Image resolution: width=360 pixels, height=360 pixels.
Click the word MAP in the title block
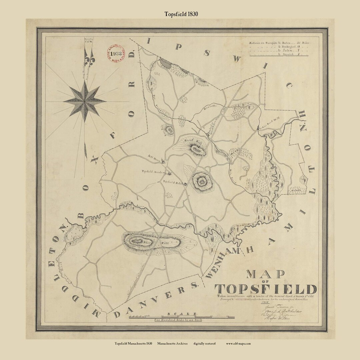coord(266,274)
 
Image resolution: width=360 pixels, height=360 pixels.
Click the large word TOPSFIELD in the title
coord(265,289)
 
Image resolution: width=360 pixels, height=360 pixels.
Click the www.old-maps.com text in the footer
coord(238,343)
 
